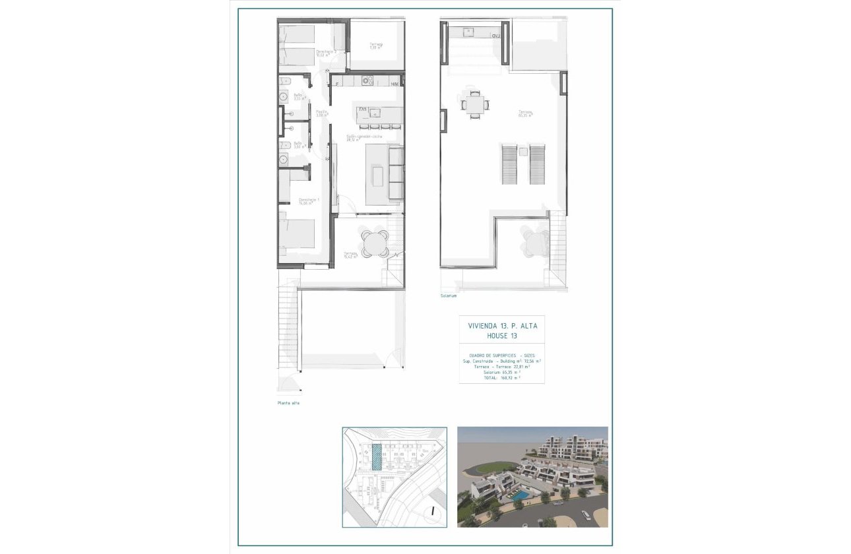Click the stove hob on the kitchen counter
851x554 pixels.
pyautogui.click(x=367, y=81)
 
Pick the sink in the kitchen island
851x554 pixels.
pyautogui.click(x=374, y=112)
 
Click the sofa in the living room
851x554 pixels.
pyautogui.click(x=396, y=173)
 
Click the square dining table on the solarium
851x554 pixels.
pyautogui.click(x=475, y=104)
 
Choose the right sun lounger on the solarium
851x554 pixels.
pyautogui.click(x=537, y=165)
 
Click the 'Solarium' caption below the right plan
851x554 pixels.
pyautogui.click(x=449, y=296)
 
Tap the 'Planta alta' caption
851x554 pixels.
pyautogui.click(x=288, y=403)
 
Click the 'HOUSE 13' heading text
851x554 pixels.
pyautogui.click(x=501, y=336)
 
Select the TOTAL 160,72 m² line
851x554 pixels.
pyautogui.click(x=501, y=379)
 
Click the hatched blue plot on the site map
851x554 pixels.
pyautogui.click(x=376, y=456)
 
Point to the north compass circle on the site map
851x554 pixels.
pyautogui.click(x=431, y=510)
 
